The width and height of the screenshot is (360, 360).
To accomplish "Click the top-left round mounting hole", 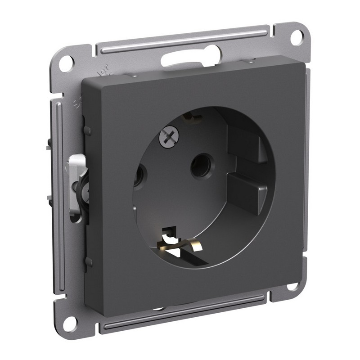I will pos(66,63).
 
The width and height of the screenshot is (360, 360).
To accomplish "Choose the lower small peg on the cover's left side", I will pos(89,261).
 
